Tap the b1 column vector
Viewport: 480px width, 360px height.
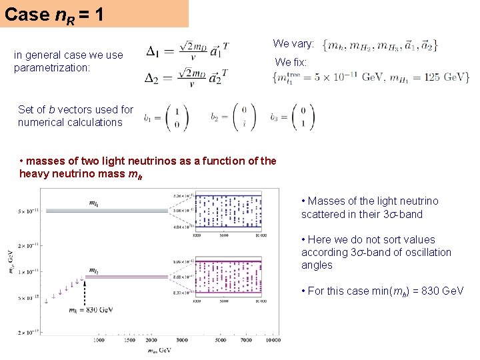pyautogui.click(x=166, y=118)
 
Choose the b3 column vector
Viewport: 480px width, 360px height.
pyautogui.click(x=293, y=117)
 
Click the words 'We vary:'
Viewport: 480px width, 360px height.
pyautogui.click(x=293, y=44)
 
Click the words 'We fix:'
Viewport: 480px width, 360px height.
pyautogui.click(x=291, y=63)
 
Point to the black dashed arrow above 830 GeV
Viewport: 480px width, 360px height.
pyautogui.click(x=85, y=287)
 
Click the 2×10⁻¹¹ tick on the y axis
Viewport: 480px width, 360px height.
pyautogui.click(x=27, y=245)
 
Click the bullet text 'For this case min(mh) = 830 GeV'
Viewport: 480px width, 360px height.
pyautogui.click(x=383, y=291)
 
